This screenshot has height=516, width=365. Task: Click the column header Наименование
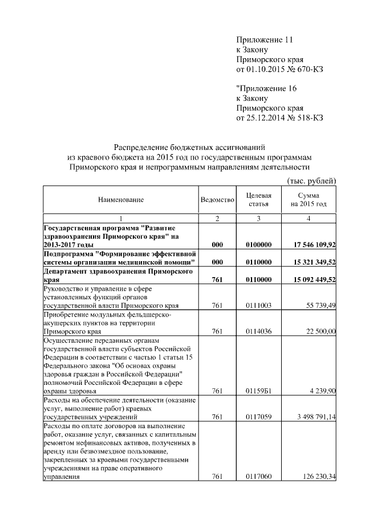(x=120, y=200)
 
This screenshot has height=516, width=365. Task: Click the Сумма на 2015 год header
(x=308, y=200)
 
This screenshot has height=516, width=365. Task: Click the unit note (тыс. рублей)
(x=311, y=181)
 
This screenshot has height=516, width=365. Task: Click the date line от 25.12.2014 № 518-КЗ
(x=280, y=118)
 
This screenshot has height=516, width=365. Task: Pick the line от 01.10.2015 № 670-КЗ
(x=280, y=70)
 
